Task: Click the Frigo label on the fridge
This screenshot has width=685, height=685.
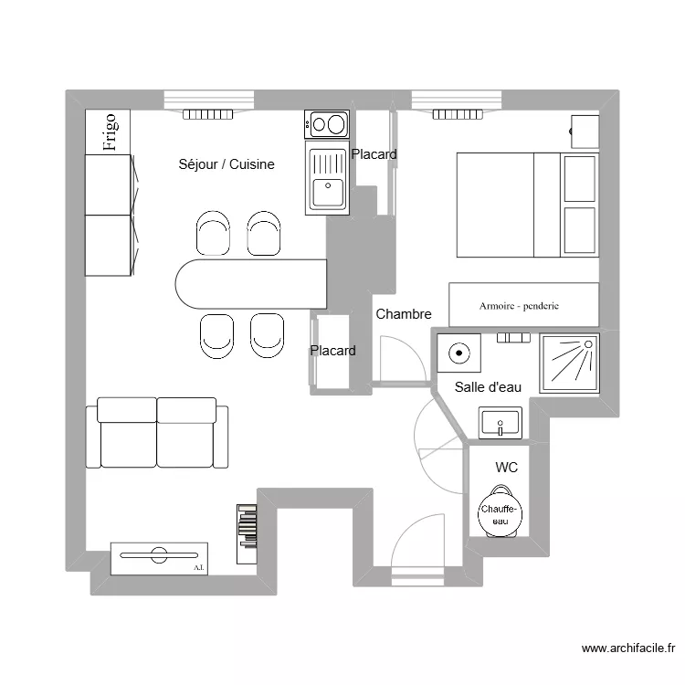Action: point(108,132)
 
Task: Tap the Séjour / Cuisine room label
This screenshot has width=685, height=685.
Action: point(227,164)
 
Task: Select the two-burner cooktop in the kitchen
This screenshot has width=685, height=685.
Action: point(327,123)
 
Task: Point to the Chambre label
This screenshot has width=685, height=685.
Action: point(403,314)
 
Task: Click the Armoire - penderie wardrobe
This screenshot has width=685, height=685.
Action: point(523,305)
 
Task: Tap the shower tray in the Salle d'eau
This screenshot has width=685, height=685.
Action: point(568,363)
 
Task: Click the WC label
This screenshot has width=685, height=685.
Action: point(506,468)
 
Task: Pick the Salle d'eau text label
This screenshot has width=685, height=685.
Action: point(488,387)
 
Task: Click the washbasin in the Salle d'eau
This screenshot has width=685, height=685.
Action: point(500,422)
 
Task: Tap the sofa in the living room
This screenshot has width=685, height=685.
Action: point(157,433)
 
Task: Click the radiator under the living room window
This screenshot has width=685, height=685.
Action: point(209,114)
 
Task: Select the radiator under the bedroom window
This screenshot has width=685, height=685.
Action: point(458,114)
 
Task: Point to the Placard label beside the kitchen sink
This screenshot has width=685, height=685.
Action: point(374,154)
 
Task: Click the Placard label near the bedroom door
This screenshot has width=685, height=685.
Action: point(332,351)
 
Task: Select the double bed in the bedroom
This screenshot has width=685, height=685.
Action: point(527,205)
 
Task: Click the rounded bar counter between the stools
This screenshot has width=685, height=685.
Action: point(251,284)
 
